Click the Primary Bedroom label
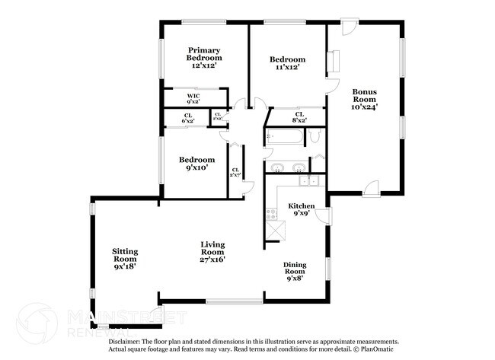pyautogui.click(x=205, y=58)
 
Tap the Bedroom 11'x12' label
pyautogui.click(x=288, y=63)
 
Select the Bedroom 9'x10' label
pyautogui.click(x=196, y=164)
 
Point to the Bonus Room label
pyautogui.click(x=364, y=100)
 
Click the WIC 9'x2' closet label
pyautogui.click(x=193, y=99)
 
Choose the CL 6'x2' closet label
pyautogui.click(x=187, y=118)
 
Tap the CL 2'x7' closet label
pyautogui.click(x=235, y=173)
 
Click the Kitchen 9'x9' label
pyautogui.click(x=302, y=209)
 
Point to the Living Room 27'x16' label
pyautogui.click(x=212, y=252)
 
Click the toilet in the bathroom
pyautogui.click(x=316, y=138)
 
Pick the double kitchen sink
pyautogui.click(x=308, y=181)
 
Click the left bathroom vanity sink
pyautogui.click(x=276, y=167)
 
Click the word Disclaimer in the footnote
pyautogui.click(x=126, y=342)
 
